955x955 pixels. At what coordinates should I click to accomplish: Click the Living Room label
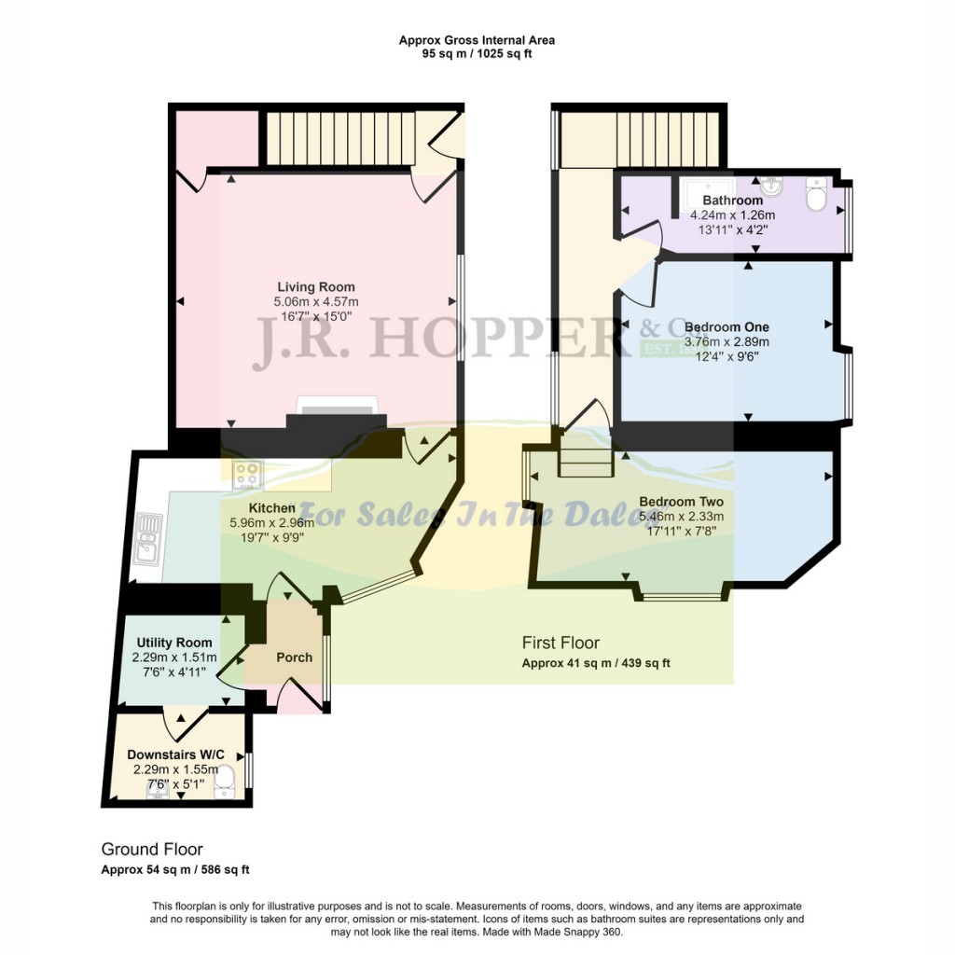coord(315,286)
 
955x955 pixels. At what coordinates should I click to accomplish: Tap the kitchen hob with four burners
coord(247,475)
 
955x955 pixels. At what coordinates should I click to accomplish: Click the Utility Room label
coord(174,643)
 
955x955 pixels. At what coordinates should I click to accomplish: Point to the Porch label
coord(295,657)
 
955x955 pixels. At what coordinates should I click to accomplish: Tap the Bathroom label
coord(732,201)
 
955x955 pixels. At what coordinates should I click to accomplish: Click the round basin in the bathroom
coord(772,184)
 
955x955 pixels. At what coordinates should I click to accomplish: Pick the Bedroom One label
coord(727,327)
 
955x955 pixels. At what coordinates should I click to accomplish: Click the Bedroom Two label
coord(681,502)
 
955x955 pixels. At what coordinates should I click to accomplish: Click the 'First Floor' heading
coord(560,643)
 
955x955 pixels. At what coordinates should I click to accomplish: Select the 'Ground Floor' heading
coord(152,849)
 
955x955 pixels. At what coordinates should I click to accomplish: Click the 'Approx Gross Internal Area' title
coord(477,40)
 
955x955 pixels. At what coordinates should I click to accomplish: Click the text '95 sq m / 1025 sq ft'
coord(477,54)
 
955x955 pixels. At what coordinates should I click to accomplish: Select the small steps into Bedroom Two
coord(585,458)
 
